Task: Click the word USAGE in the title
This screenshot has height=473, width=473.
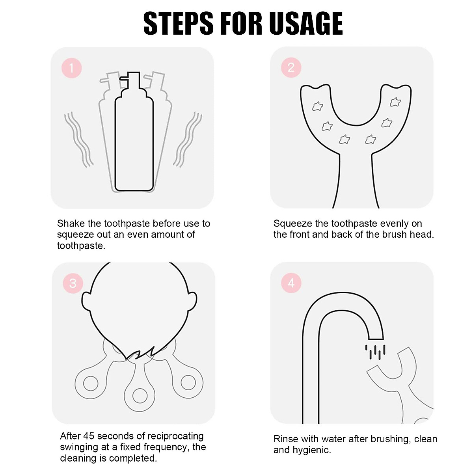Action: (x=307, y=24)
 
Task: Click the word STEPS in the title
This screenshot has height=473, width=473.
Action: (x=179, y=24)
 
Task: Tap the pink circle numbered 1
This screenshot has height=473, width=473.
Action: (x=72, y=68)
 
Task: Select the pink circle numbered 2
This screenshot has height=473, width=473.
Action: (x=291, y=67)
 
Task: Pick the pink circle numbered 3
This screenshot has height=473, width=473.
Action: (x=73, y=283)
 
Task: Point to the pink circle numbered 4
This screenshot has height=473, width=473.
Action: (x=291, y=283)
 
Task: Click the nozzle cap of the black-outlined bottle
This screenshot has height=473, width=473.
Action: (x=130, y=80)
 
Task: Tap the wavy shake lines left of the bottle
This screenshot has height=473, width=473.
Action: (x=78, y=140)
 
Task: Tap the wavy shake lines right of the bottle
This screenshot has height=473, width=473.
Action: (x=188, y=140)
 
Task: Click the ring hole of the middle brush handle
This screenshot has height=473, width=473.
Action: (x=140, y=396)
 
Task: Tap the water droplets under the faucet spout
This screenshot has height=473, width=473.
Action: (x=375, y=352)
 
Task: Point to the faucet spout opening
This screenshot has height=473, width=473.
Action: (x=376, y=339)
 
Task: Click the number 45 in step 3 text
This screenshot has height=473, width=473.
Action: (x=89, y=436)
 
